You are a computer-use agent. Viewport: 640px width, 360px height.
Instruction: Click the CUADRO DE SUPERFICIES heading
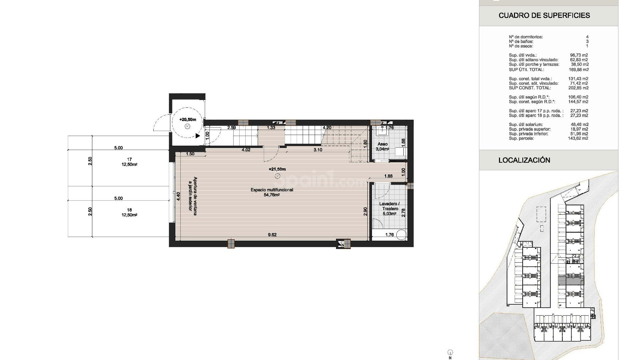pos(544,15)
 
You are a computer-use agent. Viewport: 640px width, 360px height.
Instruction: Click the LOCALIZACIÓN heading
pos(524,160)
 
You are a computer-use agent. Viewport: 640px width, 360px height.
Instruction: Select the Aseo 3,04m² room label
pos(383,147)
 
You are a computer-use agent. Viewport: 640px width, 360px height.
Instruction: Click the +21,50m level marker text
pos(277,169)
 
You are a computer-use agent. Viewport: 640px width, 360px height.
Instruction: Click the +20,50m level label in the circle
pos(187,120)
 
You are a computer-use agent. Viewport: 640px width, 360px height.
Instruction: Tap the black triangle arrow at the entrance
pos(198,136)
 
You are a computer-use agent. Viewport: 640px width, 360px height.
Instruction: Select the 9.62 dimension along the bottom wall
pos(272,235)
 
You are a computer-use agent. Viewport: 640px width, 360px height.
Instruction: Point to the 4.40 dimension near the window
pos(178,196)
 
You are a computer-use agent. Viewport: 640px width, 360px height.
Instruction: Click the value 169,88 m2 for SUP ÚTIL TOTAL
pos(578,70)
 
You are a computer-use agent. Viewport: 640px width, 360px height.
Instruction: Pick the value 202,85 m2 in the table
pos(578,88)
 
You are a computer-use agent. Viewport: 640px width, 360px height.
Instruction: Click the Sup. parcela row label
pos(521,138)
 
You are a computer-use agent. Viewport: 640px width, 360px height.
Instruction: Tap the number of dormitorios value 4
pos(587,37)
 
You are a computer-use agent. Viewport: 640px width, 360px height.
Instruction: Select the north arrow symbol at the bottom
pos(450,353)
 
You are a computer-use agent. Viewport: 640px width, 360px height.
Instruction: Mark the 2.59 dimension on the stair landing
pos(232,128)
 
